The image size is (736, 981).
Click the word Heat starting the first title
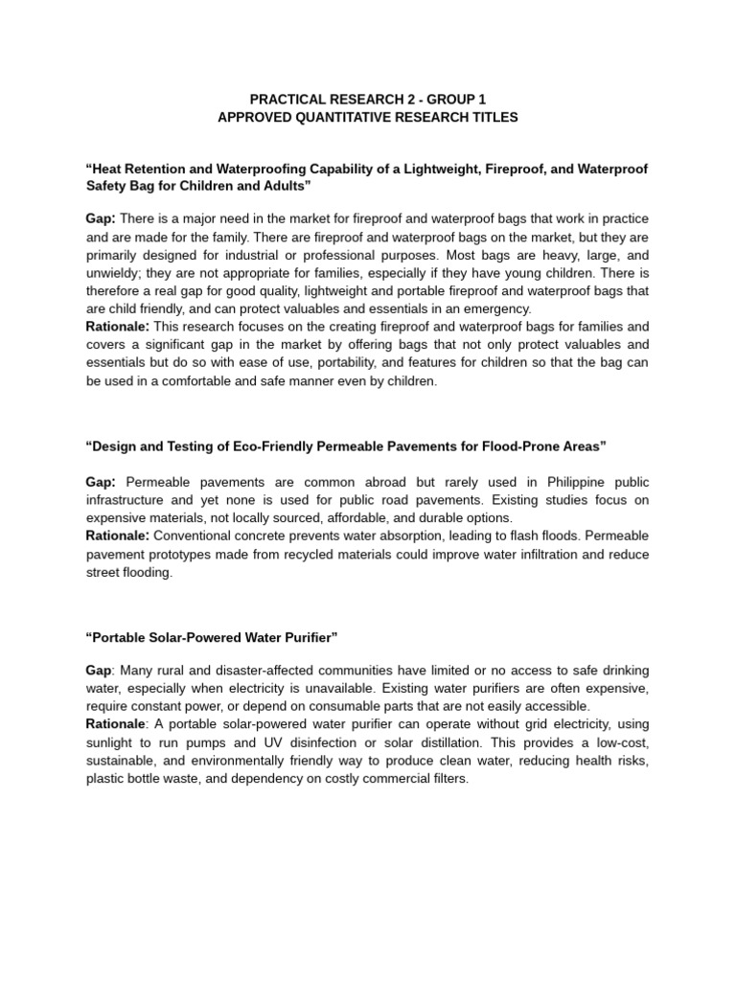click(x=108, y=170)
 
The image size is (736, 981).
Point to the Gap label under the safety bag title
click(x=100, y=219)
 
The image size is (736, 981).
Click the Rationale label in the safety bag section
click(x=117, y=327)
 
